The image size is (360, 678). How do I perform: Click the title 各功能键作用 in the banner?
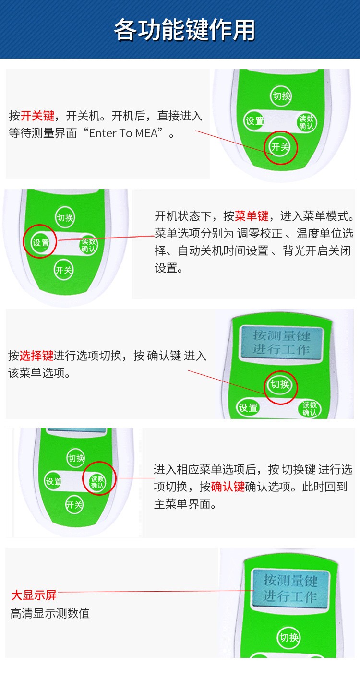coord(184,30)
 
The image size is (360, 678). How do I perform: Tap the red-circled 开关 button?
coord(280,147)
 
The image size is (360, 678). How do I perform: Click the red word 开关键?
coord(37,116)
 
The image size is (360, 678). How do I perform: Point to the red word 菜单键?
coord(252,216)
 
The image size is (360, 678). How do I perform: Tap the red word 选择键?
coord(36,356)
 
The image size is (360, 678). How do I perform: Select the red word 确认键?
coord(228,487)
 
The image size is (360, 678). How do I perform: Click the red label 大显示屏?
coord(34,595)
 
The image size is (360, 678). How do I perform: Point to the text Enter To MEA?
coord(123,133)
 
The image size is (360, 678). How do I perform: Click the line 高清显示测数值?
coord(50,614)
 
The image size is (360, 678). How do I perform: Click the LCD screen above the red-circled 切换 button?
coord(282,342)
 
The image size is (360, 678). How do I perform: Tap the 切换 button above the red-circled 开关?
coord(281,96)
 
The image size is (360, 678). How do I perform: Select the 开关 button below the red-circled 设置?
coord(63,269)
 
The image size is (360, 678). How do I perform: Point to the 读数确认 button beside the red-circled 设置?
coord(88,245)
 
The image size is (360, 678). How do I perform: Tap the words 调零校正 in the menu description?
coord(260,233)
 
